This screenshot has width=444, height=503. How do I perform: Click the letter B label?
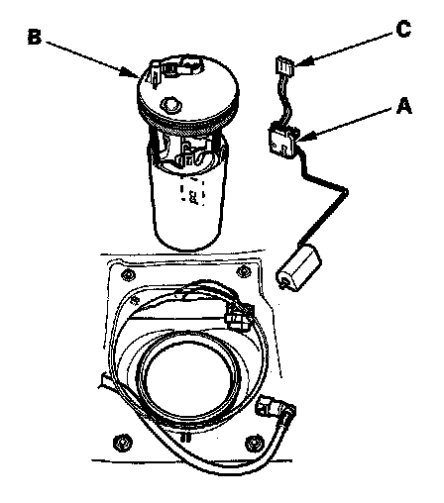35,37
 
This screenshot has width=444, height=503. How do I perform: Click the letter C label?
403,29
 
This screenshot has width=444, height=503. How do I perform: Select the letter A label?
404,106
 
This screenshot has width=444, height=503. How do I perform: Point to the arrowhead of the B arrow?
131,73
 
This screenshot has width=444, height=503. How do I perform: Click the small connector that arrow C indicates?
285,65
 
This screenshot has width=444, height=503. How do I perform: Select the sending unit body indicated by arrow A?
284,140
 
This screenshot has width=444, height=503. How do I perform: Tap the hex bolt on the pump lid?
171,105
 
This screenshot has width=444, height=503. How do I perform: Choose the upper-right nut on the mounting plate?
244,271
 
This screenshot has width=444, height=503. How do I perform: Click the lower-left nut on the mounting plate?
121,442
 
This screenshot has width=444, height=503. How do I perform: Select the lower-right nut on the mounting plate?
254,443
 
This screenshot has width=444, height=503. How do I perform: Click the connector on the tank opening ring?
239,316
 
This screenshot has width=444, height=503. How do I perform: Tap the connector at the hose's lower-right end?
276,407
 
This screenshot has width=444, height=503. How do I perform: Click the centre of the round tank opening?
188,376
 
